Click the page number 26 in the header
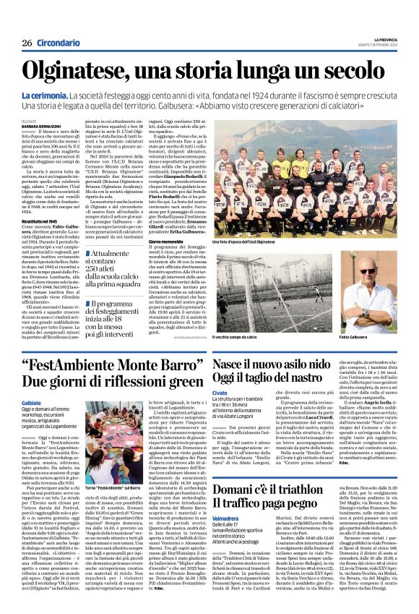(x=27, y=43)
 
